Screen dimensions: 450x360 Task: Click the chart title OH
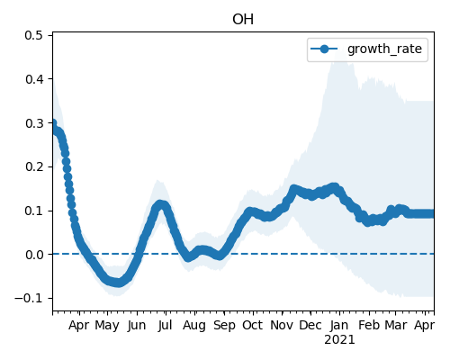pyautogui.click(x=243, y=20)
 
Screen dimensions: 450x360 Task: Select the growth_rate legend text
pyautogui.click(x=384, y=49)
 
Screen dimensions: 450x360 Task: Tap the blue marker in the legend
pyautogui.click(x=324, y=49)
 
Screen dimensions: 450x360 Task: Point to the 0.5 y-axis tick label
pyautogui.click(x=34, y=35)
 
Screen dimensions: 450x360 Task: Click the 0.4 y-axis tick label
pyautogui.click(x=34, y=79)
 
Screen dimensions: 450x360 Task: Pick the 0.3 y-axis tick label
pyautogui.click(x=34, y=123)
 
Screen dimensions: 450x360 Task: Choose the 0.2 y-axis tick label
pyautogui.click(x=34, y=166)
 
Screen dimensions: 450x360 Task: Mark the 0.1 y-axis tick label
pyautogui.click(x=34, y=211)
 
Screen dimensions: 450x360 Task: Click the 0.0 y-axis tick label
pyautogui.click(x=34, y=255)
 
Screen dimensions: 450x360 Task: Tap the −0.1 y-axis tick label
pyautogui.click(x=29, y=299)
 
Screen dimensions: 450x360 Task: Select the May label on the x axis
pyautogui.click(x=107, y=326)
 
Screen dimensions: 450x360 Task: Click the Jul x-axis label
pyautogui.click(x=166, y=325)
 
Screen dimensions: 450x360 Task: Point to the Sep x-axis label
pyautogui.click(x=224, y=326)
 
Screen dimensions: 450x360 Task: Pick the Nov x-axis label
pyautogui.click(x=282, y=325)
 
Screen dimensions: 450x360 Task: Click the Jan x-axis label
pyautogui.click(x=339, y=325)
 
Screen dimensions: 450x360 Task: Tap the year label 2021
pyautogui.click(x=339, y=340)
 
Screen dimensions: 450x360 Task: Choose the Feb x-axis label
pyautogui.click(x=369, y=325)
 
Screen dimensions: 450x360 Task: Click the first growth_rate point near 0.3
pyautogui.click(x=53, y=123)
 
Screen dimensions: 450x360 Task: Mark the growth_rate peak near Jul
pyautogui.click(x=161, y=204)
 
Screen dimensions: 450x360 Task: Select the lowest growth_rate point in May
pyautogui.click(x=118, y=283)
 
